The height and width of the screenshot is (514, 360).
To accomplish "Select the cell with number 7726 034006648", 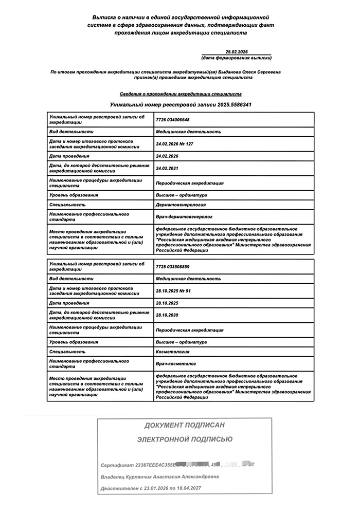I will click(172, 120).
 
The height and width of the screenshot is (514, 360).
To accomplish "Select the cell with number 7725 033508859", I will click(172, 267).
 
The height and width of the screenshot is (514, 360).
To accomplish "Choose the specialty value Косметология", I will click(172, 352).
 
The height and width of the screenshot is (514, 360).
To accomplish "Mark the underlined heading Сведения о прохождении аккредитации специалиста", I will click(181, 95).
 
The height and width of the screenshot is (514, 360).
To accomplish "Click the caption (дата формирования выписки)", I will click(236, 58).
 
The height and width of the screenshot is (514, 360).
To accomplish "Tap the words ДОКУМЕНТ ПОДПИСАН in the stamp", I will click(185, 426).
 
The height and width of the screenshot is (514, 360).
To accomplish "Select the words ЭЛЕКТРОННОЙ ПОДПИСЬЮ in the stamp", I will click(185, 439).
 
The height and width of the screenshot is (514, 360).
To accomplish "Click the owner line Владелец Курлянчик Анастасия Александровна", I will click(159, 477).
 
